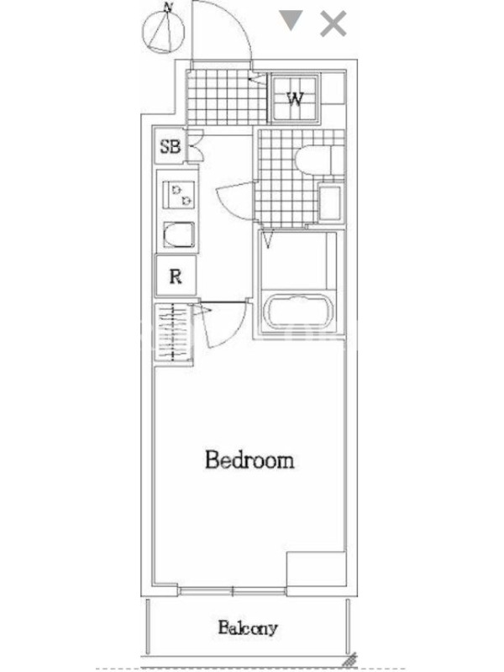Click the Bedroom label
click(249, 459)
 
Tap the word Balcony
click(248, 628)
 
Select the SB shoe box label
click(171, 146)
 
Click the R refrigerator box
click(176, 276)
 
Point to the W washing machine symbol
click(296, 99)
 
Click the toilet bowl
click(314, 160)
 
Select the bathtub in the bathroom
click(300, 312)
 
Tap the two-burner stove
click(178, 195)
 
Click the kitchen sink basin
click(179, 235)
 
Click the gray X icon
click(333, 24)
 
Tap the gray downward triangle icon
click(291, 20)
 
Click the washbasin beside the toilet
click(330, 202)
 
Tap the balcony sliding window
click(233, 592)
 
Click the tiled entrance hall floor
click(227, 97)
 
